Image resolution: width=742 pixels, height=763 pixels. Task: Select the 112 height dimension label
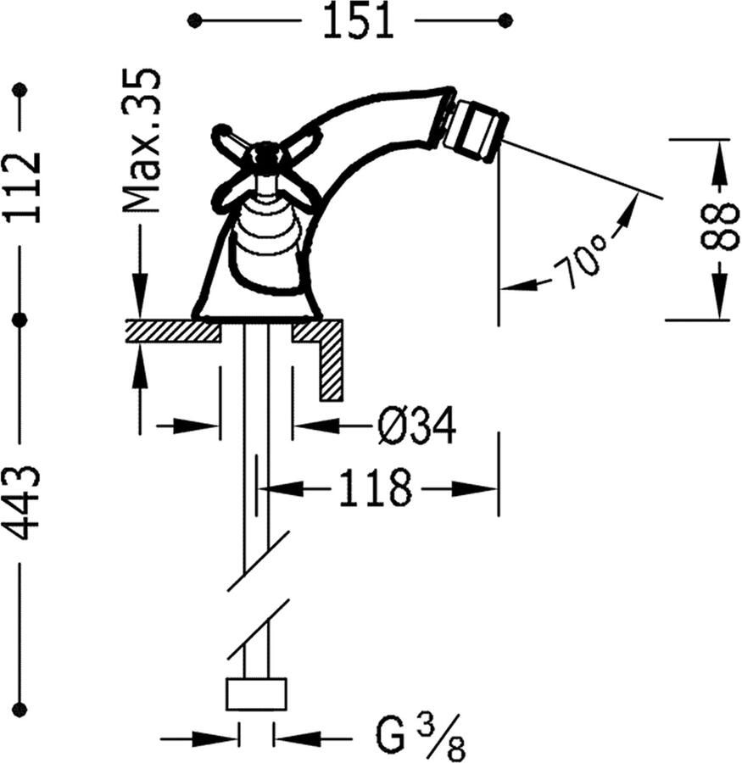coord(22,187)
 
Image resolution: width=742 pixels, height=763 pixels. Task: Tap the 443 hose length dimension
coord(22,504)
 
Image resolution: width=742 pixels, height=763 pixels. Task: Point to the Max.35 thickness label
coord(142,140)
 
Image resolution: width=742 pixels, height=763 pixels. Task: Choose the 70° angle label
coord(579,259)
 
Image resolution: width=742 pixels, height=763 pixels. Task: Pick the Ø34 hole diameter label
coord(416,426)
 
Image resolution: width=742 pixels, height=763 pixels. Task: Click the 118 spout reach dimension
coord(375,488)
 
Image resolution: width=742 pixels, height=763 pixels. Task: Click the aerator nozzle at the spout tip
coord(477,130)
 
